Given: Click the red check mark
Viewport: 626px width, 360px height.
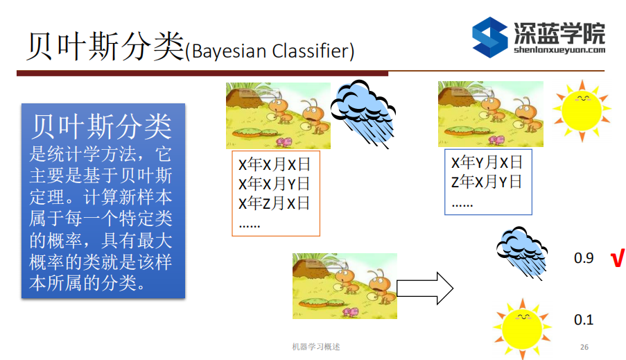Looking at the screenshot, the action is (x=616, y=259).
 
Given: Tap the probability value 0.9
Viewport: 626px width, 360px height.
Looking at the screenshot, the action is (x=584, y=258).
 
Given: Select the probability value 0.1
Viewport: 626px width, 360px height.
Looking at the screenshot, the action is (x=584, y=320).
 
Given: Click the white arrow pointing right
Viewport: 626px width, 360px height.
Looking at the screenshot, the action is (x=425, y=286).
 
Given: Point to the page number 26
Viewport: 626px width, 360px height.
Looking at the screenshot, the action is (x=584, y=347).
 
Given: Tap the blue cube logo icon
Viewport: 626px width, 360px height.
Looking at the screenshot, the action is (x=489, y=37).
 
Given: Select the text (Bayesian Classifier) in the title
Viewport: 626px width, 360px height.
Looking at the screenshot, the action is (x=270, y=51).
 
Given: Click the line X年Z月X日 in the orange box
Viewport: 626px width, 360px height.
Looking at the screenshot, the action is (x=275, y=203).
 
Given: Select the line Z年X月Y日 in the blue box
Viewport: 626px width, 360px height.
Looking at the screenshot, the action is (x=487, y=182).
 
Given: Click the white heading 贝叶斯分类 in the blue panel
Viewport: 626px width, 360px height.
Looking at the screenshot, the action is (x=101, y=127).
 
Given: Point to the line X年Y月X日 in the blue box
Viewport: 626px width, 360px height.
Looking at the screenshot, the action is (x=487, y=163).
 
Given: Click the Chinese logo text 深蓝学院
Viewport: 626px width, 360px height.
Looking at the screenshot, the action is (x=559, y=32).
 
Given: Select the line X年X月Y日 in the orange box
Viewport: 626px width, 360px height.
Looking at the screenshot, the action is (x=275, y=184).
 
